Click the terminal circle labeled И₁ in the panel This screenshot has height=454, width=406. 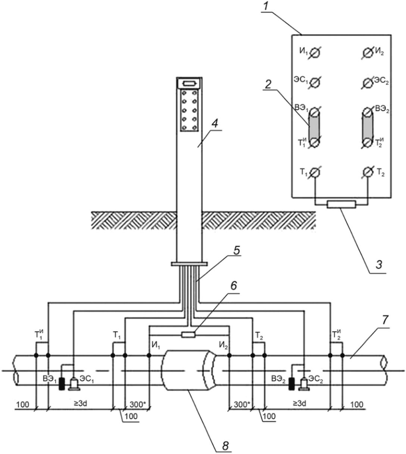click(x=315, y=53)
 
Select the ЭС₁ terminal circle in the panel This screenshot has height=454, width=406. click(x=315, y=83)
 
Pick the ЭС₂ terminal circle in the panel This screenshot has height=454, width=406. click(x=368, y=83)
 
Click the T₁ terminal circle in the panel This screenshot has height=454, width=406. click(x=315, y=172)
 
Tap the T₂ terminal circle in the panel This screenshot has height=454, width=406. click(x=368, y=172)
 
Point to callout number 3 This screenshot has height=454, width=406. click(x=378, y=265)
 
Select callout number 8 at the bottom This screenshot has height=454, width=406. click(x=225, y=446)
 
